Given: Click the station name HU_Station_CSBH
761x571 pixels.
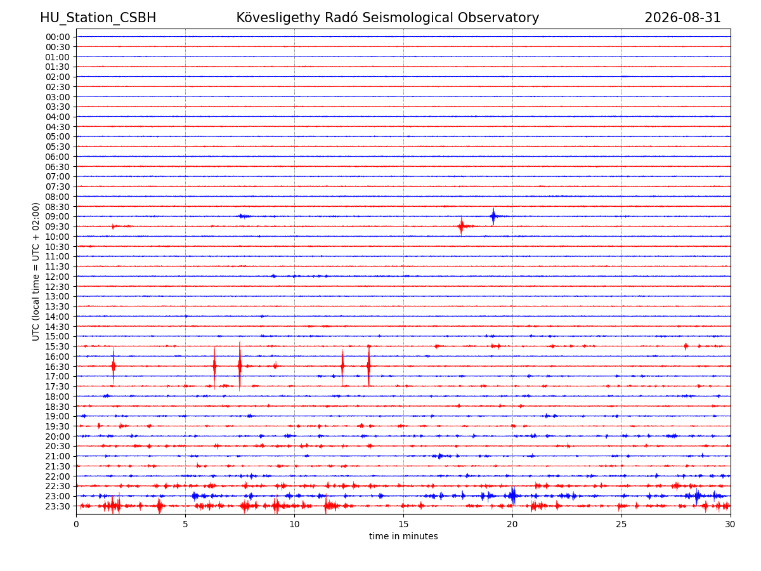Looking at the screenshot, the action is pos(98,18).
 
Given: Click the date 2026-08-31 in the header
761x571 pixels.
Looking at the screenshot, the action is pos(682,18).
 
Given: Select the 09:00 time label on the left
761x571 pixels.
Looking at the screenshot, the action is pos(58,217).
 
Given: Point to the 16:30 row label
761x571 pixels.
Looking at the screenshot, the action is pos(58,367).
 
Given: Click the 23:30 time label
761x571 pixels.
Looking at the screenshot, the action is pos(58,506).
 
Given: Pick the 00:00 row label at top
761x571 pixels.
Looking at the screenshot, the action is pos(58,37).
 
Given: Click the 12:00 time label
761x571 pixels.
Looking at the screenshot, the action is pos(58,277).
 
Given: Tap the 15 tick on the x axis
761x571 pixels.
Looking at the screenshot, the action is pos(403,524).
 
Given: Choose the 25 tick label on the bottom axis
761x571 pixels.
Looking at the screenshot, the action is pos(621,524).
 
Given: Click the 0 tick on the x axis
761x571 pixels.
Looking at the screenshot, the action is pos(76,524).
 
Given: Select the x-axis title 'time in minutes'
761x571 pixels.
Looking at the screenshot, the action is pos(403,536).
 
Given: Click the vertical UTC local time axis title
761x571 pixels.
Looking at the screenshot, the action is pos(36,272).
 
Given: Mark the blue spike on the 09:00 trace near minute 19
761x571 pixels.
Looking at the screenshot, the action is pos(493,216).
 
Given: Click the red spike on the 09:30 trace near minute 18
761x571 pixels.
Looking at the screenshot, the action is pos(461,226).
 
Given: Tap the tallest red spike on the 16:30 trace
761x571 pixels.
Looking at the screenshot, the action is pos(240,366).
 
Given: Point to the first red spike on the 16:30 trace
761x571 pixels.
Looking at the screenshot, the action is pos(113,366).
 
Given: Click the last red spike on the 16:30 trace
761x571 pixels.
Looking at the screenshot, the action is pos(368,366).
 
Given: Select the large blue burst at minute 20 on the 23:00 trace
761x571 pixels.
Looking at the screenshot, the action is pos(513,496).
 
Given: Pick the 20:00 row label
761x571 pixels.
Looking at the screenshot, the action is pos(58,436).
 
